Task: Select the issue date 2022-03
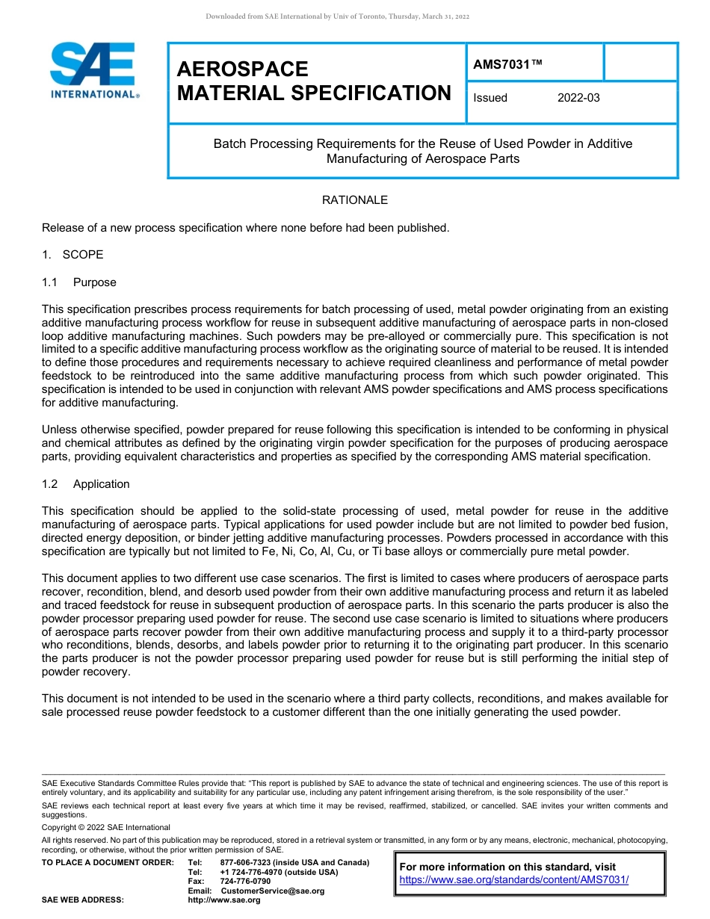(578, 98)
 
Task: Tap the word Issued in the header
(490, 98)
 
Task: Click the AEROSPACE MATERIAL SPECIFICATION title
(313, 81)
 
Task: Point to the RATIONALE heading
(354, 200)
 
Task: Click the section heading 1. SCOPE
(72, 255)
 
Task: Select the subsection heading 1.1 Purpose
(79, 282)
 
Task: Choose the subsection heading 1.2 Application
(86, 484)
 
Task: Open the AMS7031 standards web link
(513, 879)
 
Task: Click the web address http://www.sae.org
(223, 900)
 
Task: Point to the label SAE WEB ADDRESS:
(82, 900)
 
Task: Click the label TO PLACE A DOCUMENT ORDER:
(108, 862)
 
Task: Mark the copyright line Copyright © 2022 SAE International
(106, 827)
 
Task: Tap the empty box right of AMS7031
(640, 62)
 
